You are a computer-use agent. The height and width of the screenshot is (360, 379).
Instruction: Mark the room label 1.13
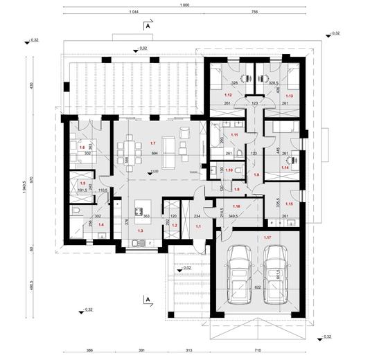pyautogui.click(x=290, y=96)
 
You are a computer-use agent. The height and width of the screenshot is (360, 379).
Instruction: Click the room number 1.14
pyautogui.click(x=285, y=167)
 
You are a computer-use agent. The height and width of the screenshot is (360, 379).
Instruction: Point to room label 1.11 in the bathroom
pyautogui.click(x=235, y=135)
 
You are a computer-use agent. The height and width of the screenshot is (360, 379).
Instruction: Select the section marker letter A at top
pyautogui.click(x=148, y=26)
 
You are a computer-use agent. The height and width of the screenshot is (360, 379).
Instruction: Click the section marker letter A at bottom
pyautogui.click(x=148, y=299)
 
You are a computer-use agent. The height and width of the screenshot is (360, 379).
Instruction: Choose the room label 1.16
pyautogui.click(x=236, y=206)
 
